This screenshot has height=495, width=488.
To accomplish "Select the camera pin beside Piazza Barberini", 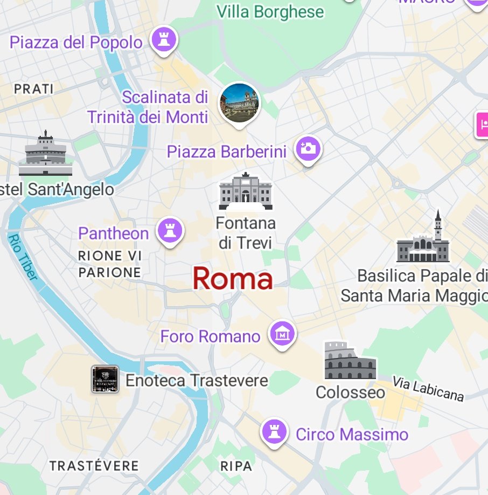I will click(308, 149).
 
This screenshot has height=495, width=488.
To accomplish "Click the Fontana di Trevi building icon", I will click(246, 191).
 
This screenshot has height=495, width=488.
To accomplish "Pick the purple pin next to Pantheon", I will click(170, 231).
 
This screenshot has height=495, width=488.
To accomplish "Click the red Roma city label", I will click(233, 279).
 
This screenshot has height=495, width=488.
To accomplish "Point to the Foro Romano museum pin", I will click(282, 334).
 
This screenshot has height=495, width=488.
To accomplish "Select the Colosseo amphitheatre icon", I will click(350, 361).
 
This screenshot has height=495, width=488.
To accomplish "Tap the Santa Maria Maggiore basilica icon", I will click(423, 239).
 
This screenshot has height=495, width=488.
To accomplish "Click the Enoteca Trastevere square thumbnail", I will click(105, 379).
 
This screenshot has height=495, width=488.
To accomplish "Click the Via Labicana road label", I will click(428, 389).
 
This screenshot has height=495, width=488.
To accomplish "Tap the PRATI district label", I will click(34, 89).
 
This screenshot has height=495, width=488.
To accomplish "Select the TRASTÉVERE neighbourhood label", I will click(94, 465).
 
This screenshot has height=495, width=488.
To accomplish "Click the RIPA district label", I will click(236, 465).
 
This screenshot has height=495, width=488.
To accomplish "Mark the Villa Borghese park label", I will click(270, 11).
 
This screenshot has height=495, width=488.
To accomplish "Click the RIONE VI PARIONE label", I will click(110, 264).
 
